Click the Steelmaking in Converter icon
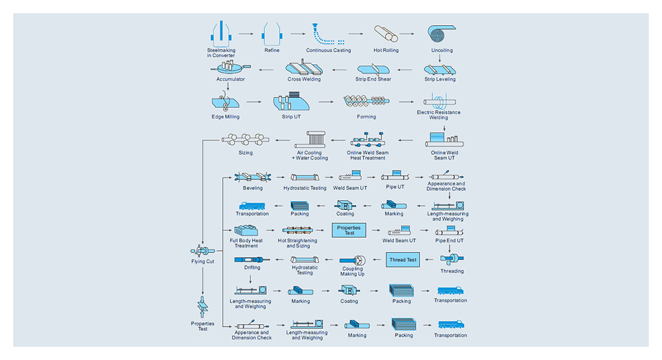click(221, 34)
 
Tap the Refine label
click(272, 50)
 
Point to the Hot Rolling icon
click(386, 34)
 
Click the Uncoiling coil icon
click(442, 33)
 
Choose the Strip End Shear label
click(373, 79)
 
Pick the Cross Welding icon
click(304, 67)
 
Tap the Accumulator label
click(230, 79)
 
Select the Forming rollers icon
click(367, 101)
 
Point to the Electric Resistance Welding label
click(439, 114)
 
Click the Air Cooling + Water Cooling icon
click(310, 140)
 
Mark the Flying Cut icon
click(203, 251)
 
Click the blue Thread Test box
click(402, 260)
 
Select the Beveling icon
click(252, 177)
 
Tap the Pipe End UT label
click(449, 241)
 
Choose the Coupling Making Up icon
click(353, 260)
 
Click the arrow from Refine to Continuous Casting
click(298, 34)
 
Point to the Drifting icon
click(252, 259)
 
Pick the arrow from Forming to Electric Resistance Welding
click(406, 102)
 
